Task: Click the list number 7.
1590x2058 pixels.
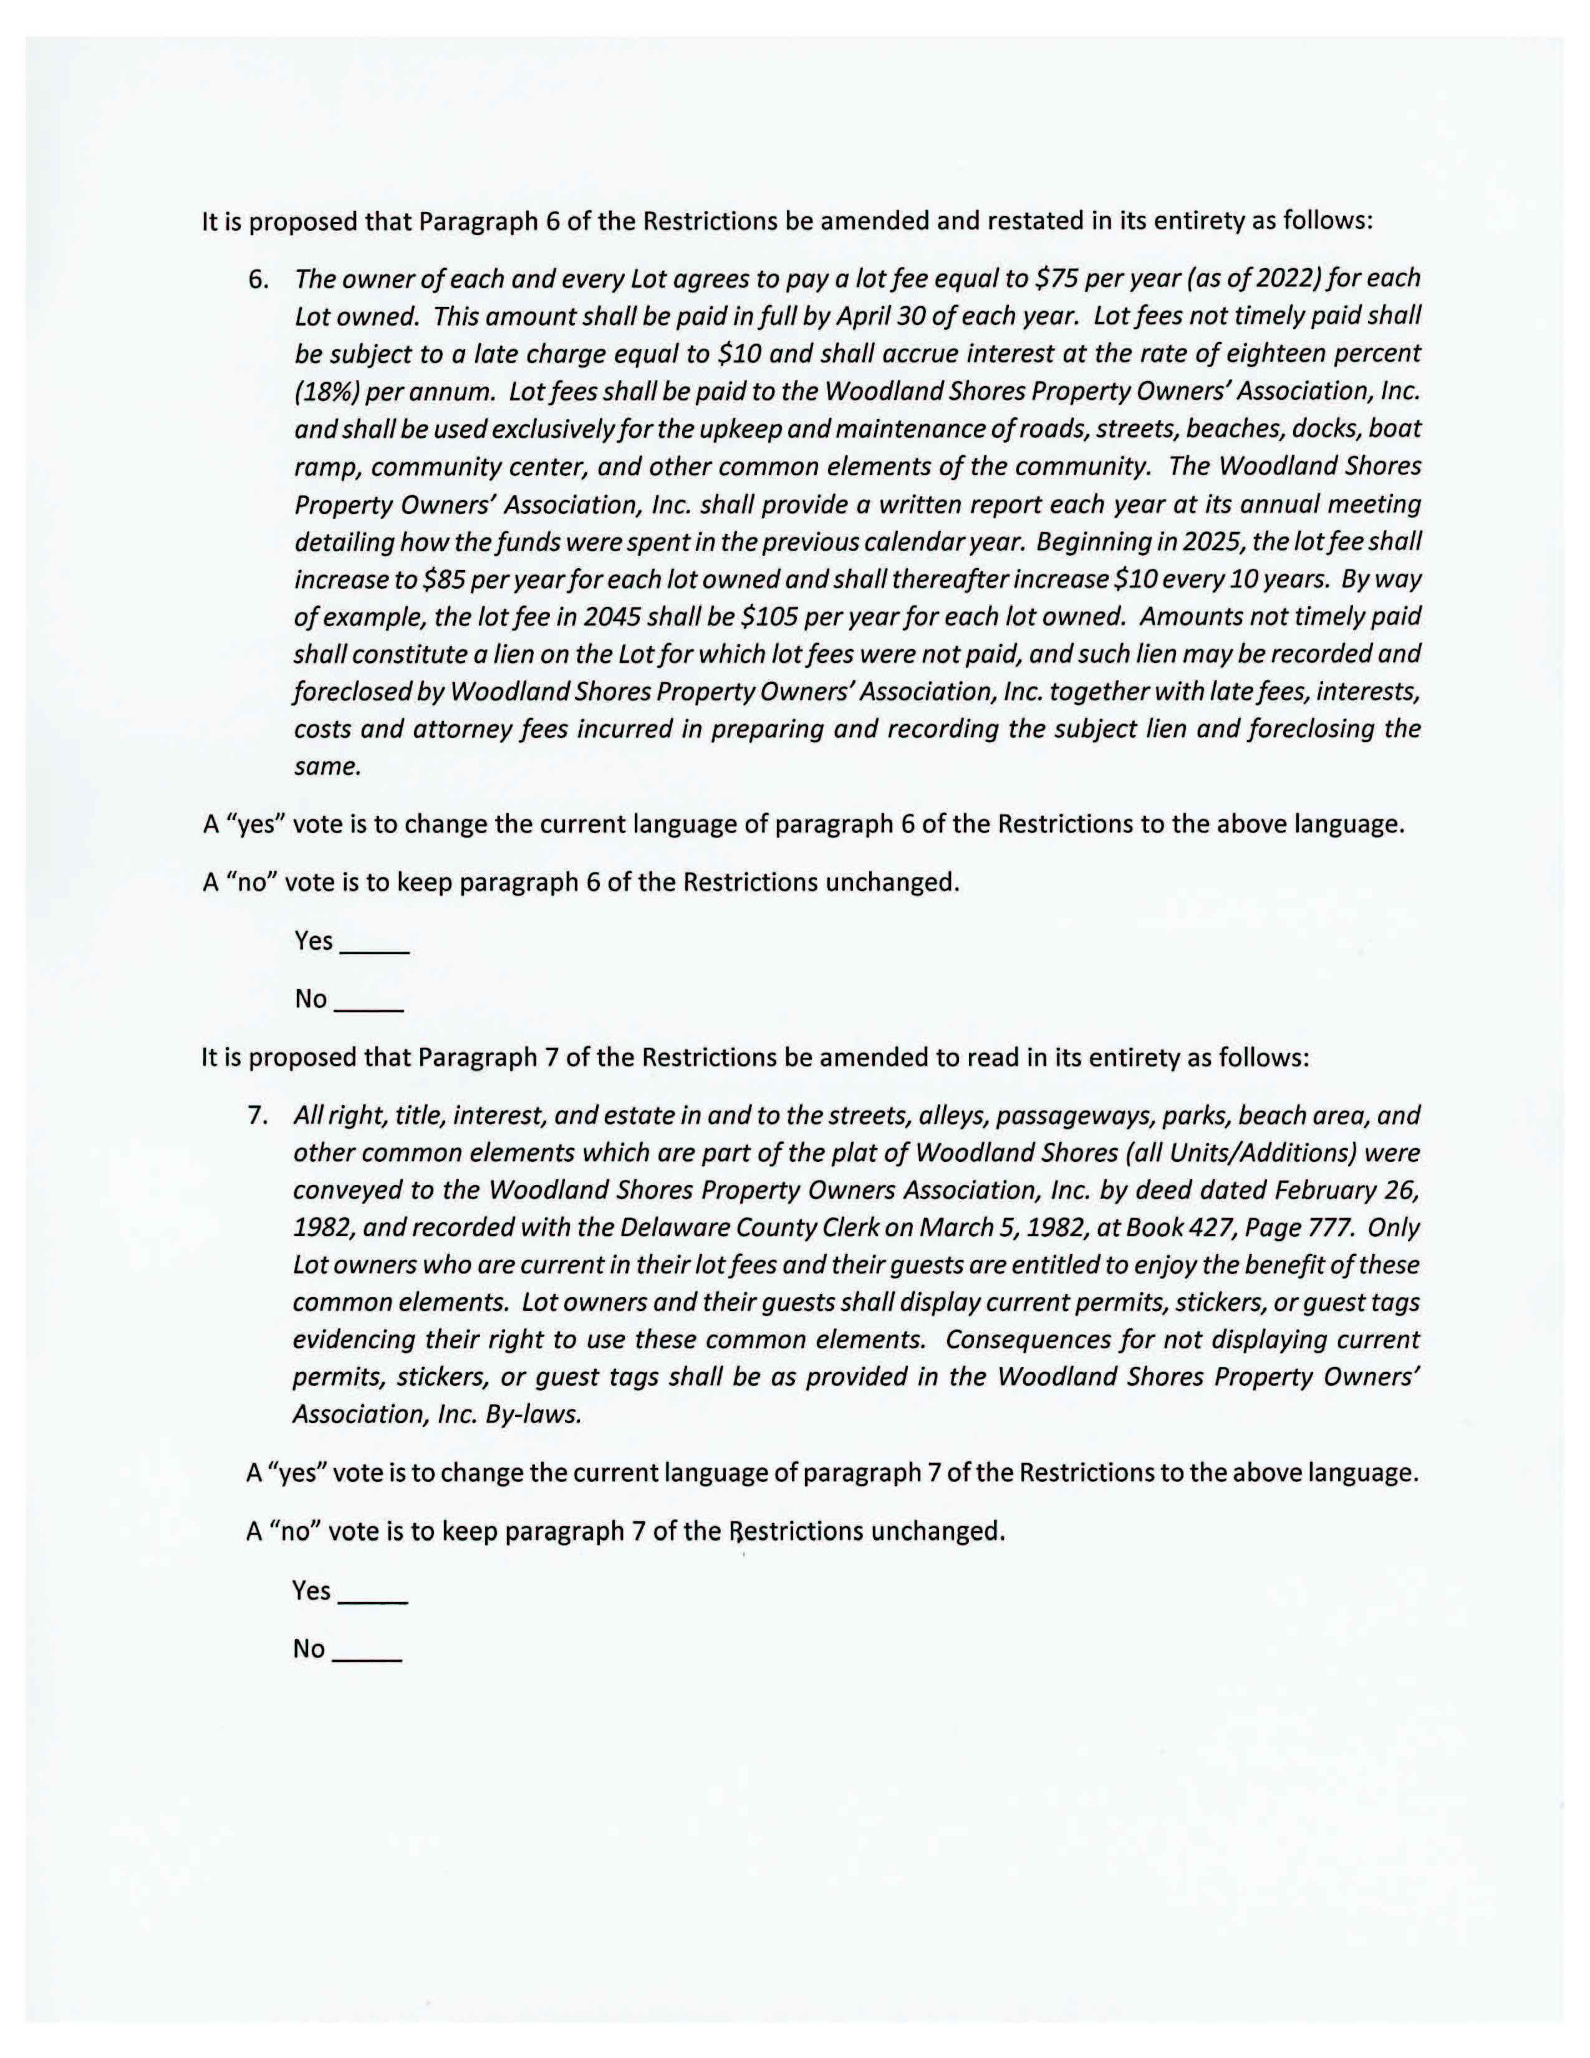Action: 257,1116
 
